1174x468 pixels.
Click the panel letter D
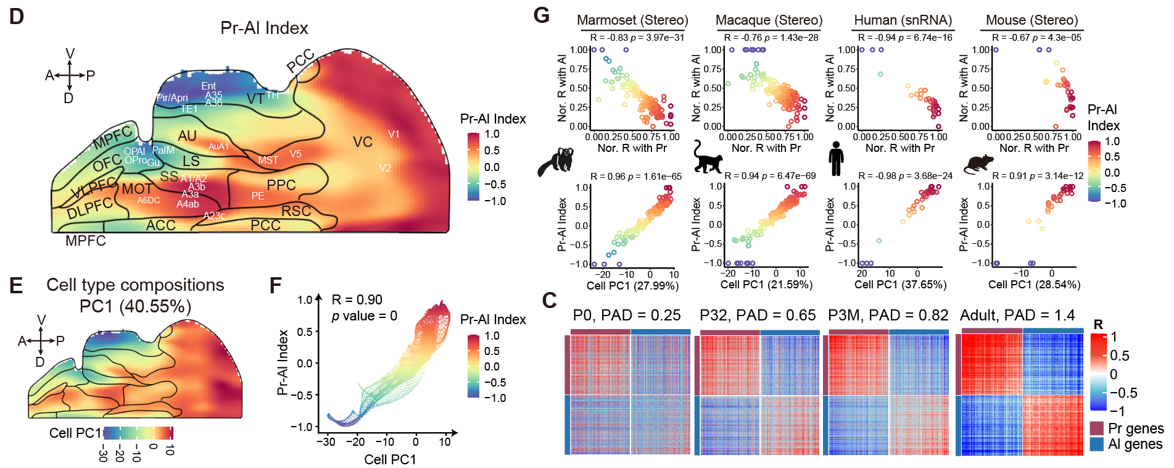pyautogui.click(x=17, y=17)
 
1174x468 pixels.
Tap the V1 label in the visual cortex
pyautogui.click(x=394, y=134)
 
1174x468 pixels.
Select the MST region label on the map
pyautogui.click(x=268, y=160)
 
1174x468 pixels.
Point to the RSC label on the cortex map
pyautogui.click(x=296, y=211)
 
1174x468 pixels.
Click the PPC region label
pyautogui.click(x=281, y=185)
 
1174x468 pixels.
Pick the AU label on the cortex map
pyautogui.click(x=187, y=136)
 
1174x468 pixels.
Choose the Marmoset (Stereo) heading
pyautogui.click(x=632, y=20)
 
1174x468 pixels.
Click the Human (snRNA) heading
pyautogui.click(x=903, y=20)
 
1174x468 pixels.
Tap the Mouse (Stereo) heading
pyautogui.click(x=1032, y=20)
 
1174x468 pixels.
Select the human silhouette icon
pyautogui.click(x=837, y=159)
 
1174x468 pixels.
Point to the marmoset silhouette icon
pyautogui.click(x=556, y=162)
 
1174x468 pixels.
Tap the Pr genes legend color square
pyautogui.click(x=1096, y=428)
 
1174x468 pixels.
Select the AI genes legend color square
pyautogui.click(x=1096, y=444)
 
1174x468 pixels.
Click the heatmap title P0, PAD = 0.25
pyautogui.click(x=627, y=315)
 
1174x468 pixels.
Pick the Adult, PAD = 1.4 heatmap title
pyautogui.click(x=1017, y=315)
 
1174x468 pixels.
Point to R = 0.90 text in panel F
pyautogui.click(x=357, y=300)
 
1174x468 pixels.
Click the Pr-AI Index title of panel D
pyautogui.click(x=264, y=28)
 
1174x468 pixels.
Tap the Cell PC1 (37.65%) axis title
pyautogui.click(x=900, y=285)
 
